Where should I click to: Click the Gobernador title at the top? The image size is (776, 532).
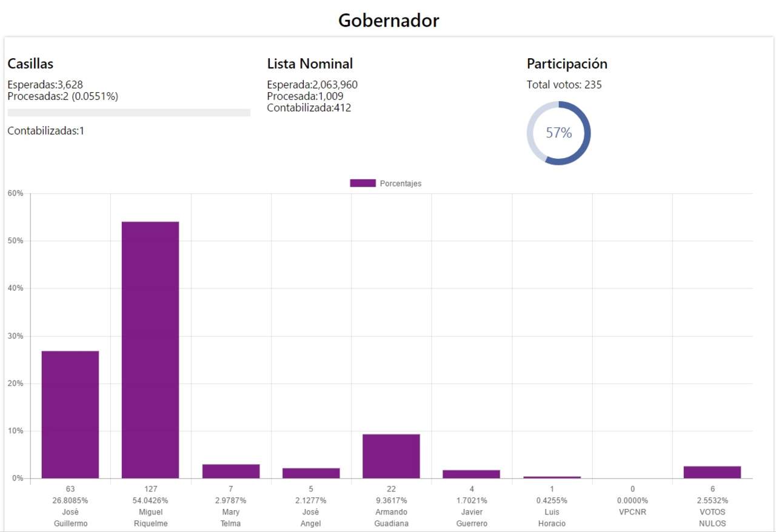[x=388, y=21]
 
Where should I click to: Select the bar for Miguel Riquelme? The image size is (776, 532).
[x=150, y=350]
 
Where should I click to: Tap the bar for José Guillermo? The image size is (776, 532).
[x=70, y=414]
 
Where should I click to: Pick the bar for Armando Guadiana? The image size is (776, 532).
[x=391, y=456]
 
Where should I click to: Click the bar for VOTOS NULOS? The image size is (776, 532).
[x=712, y=472]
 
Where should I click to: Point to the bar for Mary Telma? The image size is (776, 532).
[x=231, y=471]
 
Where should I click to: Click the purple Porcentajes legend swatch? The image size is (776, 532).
[x=363, y=184]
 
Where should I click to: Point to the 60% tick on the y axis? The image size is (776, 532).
[x=15, y=193]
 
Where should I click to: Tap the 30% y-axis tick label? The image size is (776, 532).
[x=15, y=336]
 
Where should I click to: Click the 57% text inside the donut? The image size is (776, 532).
[x=558, y=133]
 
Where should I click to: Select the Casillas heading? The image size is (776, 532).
[x=30, y=64]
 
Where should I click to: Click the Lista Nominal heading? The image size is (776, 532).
[x=310, y=64]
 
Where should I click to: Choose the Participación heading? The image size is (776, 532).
[x=567, y=64]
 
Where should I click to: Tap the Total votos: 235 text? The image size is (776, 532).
[x=564, y=85]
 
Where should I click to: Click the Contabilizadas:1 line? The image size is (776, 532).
[x=46, y=130]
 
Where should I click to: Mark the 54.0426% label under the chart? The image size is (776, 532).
[x=150, y=500]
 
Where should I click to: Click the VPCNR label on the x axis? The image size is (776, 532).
[x=632, y=512]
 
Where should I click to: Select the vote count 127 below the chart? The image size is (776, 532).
[x=150, y=489]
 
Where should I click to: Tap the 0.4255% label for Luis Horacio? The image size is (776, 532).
[x=552, y=500]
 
